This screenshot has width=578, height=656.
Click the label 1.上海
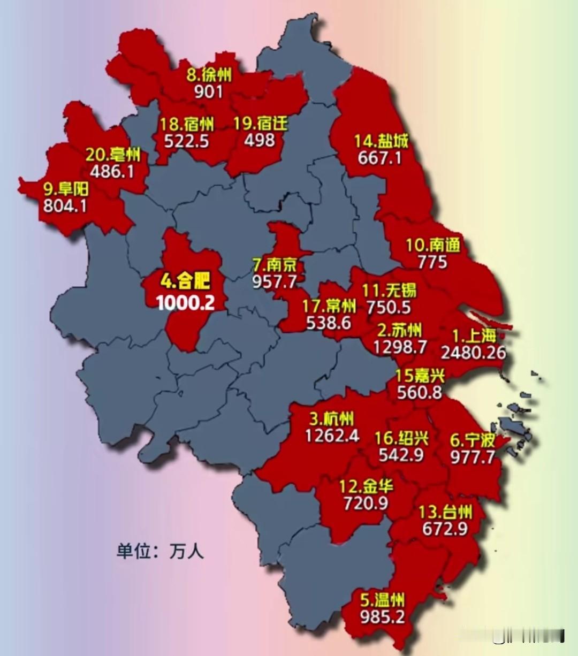pos(474,336)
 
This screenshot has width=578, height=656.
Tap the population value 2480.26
pos(473,353)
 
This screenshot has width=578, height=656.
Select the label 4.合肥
pos(185,281)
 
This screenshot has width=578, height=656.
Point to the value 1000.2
pos(185,302)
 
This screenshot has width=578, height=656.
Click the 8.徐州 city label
pos(209,74)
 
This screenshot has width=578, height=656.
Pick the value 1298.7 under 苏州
pos(400,347)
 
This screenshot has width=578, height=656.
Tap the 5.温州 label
pos(382,599)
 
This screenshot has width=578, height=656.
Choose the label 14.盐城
pos(381,141)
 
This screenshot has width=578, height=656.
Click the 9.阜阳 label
pos(66,189)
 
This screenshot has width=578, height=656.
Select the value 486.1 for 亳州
pos(112,172)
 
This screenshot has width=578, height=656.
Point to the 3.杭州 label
pos(331,419)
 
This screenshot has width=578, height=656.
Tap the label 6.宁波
pos(473,440)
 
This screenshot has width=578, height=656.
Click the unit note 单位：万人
pos(160,551)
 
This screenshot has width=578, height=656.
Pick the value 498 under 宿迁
pos(260,140)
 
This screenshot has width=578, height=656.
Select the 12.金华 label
pos(366,486)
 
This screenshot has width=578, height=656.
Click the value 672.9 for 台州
pos(445,529)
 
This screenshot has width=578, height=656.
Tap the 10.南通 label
pos(432,246)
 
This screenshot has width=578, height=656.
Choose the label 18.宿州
pos(187,125)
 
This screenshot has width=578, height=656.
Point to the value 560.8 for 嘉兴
pos(420,392)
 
